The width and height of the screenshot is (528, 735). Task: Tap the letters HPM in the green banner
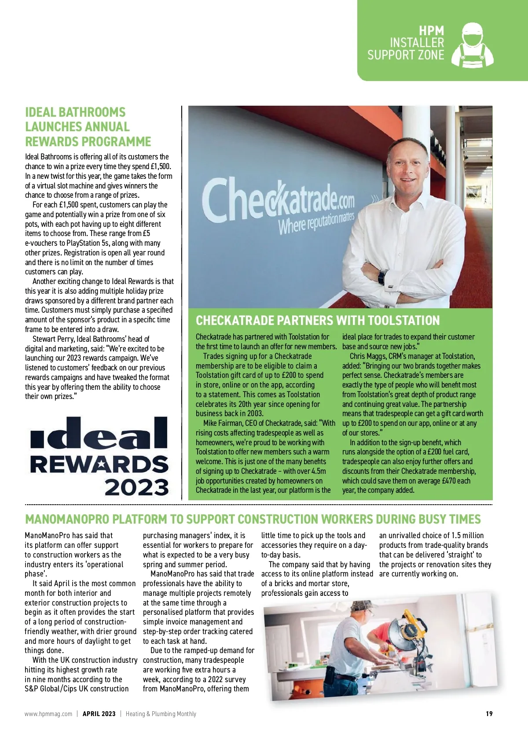tap(431, 31)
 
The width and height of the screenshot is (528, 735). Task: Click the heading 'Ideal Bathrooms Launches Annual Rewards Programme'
tap(88, 127)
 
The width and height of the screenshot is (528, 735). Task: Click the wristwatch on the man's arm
tap(382, 277)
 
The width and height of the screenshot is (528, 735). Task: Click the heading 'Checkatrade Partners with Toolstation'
tap(317, 320)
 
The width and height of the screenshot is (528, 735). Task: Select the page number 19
tap(489, 714)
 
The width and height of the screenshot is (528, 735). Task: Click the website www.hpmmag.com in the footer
tap(48, 714)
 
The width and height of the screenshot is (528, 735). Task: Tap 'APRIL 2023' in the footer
tap(99, 714)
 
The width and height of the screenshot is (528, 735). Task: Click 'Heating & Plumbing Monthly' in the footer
tap(161, 714)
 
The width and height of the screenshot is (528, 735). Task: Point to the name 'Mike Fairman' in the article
tap(224, 423)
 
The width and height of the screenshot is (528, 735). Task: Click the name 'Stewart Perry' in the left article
tap(53, 339)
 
